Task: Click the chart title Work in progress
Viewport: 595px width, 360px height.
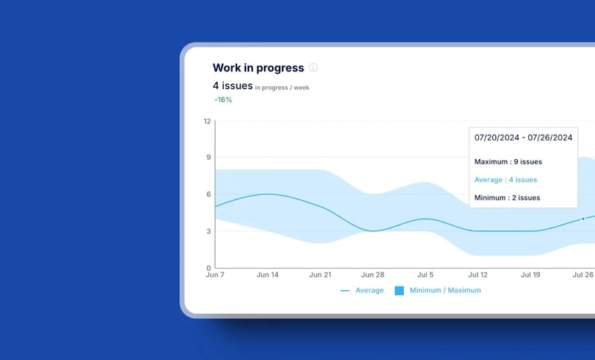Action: tap(258, 68)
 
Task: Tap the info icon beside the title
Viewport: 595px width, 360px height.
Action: tap(313, 68)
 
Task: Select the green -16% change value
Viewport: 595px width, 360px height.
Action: tap(223, 100)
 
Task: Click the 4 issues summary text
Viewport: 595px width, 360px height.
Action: tap(233, 86)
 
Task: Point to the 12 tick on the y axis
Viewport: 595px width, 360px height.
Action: tap(207, 120)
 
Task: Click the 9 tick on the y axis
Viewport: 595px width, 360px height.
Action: tap(208, 157)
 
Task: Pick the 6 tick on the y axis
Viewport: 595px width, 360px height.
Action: tap(208, 193)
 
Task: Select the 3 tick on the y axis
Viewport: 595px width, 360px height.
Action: tap(208, 231)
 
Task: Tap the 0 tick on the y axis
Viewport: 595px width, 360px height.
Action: tap(208, 267)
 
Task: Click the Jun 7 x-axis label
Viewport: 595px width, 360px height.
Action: tap(215, 275)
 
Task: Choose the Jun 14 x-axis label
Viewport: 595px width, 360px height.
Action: tap(267, 275)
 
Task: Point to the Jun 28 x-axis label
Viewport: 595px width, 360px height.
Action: tap(372, 275)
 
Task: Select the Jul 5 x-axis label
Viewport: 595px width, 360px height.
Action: tap(424, 275)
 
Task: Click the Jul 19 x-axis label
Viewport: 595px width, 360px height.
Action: tap(530, 275)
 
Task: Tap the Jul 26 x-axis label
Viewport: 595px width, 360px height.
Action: tap(582, 275)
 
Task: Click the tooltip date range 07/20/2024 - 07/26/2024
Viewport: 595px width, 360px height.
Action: tap(523, 138)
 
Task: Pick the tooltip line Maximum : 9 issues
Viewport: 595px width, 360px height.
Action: tap(508, 161)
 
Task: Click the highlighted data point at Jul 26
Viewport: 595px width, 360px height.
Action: tap(583, 219)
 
